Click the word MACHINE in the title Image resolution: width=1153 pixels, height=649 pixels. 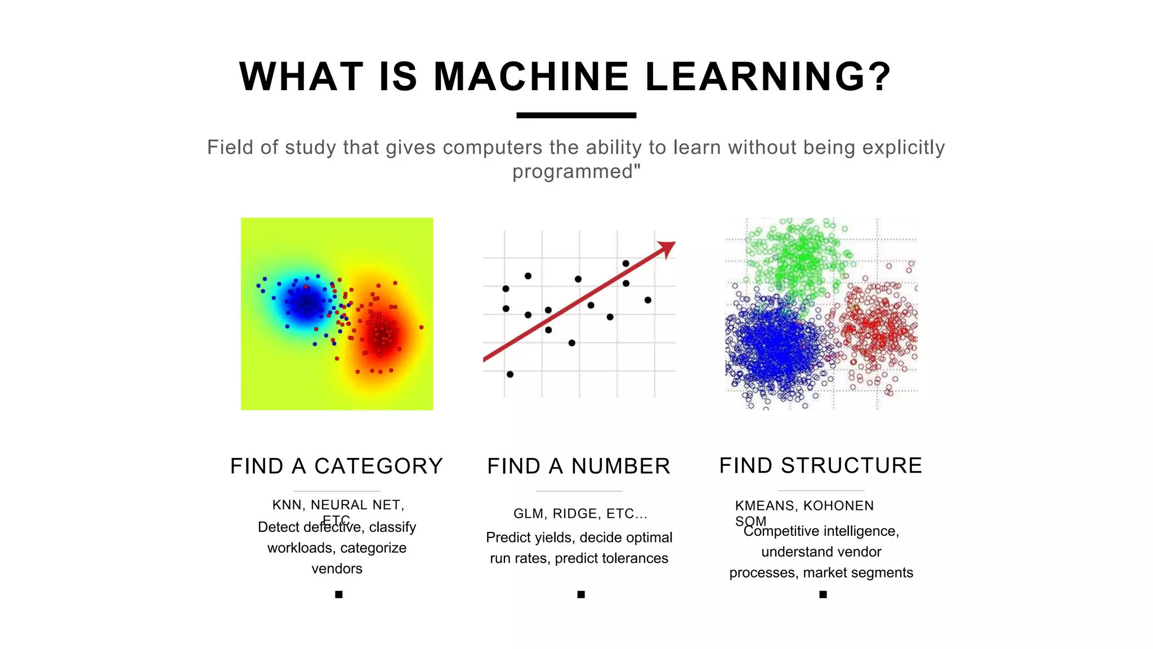(531, 77)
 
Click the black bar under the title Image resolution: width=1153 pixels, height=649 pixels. (576, 115)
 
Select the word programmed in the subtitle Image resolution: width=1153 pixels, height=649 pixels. (573, 171)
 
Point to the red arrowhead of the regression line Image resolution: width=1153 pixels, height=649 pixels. (667, 247)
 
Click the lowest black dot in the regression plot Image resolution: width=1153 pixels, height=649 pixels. (510, 374)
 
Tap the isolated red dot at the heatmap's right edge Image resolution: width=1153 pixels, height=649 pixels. (421, 327)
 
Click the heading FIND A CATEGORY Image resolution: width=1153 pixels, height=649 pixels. (337, 466)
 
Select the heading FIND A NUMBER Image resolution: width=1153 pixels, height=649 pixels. (579, 466)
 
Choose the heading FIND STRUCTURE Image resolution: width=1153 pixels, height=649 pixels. (821, 466)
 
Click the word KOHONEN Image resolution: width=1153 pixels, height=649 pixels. (838, 506)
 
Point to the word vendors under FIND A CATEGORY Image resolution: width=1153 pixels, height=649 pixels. (337, 568)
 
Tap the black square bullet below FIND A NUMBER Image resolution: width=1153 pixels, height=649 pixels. (581, 594)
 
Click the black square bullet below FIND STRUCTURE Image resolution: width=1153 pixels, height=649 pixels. (823, 594)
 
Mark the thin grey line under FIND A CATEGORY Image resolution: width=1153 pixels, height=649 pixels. (337, 491)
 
